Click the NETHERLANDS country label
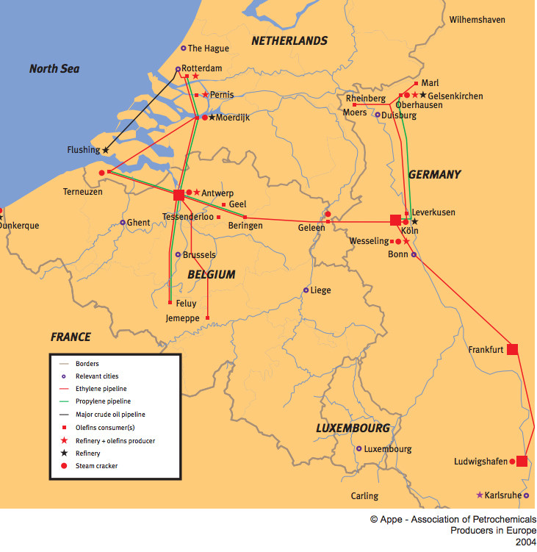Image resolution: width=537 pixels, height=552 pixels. click(x=289, y=40)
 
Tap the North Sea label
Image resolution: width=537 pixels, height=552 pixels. click(x=54, y=69)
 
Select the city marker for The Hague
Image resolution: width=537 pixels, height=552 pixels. click(x=184, y=49)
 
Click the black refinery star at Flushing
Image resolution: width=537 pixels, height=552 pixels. click(x=106, y=151)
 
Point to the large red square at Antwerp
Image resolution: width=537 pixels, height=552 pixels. click(x=179, y=195)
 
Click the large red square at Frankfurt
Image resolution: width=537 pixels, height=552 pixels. click(x=513, y=349)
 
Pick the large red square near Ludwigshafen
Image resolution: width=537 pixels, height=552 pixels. click(x=522, y=462)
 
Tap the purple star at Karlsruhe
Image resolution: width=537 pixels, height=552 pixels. click(x=480, y=495)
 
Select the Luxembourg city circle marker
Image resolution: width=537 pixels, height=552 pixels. click(x=359, y=448)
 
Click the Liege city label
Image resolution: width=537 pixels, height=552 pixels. click(x=320, y=290)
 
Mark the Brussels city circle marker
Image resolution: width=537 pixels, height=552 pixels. click(x=178, y=255)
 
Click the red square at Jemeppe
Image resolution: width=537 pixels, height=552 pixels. click(x=207, y=318)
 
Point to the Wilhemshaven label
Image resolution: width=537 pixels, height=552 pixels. click(x=477, y=20)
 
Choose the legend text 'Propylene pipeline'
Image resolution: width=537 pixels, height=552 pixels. click(x=103, y=401)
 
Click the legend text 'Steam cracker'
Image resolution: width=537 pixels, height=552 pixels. click(x=96, y=466)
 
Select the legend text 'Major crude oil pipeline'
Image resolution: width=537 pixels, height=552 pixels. click(x=110, y=415)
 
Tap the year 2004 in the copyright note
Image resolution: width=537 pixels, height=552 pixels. click(x=525, y=542)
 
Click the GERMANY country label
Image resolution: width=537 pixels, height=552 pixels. click(x=434, y=174)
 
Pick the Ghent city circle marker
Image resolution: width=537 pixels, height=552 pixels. click(x=123, y=223)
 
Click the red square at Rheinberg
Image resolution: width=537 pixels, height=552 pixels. click(x=355, y=105)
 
